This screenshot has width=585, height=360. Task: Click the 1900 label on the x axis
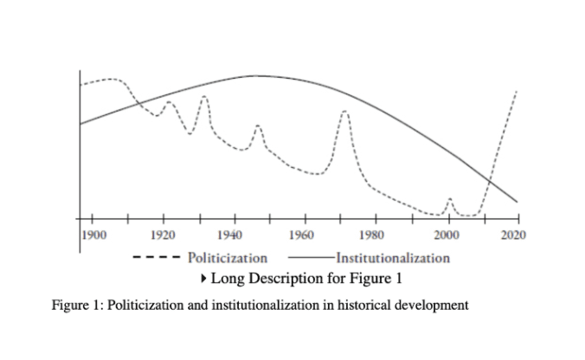point(91,235)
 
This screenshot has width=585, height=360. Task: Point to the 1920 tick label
point(162,235)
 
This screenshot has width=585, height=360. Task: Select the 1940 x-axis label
point(232,235)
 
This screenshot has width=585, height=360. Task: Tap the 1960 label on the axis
point(303,235)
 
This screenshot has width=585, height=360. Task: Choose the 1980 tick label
point(374,235)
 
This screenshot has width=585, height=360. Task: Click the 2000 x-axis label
point(447,235)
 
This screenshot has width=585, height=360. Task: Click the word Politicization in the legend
point(228,257)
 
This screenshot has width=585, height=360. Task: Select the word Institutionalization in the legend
point(392,257)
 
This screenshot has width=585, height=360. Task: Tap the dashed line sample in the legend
point(156,257)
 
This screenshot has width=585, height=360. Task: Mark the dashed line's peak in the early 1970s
point(344,111)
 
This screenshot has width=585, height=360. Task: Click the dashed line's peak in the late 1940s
point(257,126)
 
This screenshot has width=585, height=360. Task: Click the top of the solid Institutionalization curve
point(257,76)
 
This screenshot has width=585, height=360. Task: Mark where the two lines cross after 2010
point(489,179)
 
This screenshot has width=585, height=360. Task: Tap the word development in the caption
point(432,305)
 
